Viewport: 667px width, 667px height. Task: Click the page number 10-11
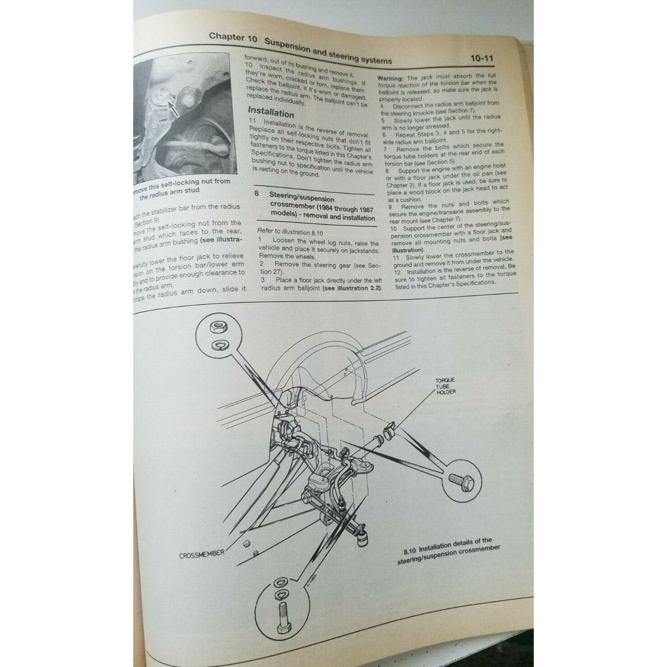tap(482, 59)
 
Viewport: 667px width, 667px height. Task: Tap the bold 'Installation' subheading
tap(270, 112)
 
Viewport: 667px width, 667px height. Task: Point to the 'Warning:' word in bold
tap(390, 78)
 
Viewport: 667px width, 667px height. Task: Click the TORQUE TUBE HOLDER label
tap(445, 386)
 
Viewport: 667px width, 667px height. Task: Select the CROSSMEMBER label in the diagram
tap(202, 553)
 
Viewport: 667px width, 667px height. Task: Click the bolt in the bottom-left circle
tap(282, 617)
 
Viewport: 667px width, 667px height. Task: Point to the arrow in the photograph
tap(172, 108)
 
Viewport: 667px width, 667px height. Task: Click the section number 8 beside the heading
tap(256, 193)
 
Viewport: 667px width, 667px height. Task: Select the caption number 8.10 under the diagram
tap(410, 551)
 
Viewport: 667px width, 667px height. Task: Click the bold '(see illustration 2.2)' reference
tap(353, 288)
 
